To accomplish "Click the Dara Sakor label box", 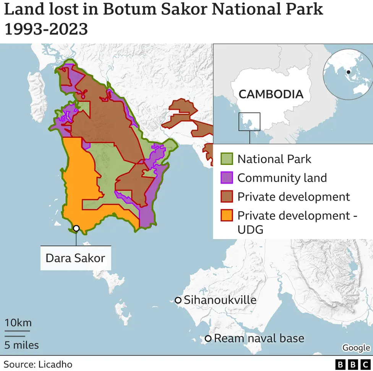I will [x=75, y=258].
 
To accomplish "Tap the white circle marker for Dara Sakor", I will [x=76, y=228].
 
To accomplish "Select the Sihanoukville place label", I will [x=220, y=300].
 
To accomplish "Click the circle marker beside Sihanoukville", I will [x=178, y=300].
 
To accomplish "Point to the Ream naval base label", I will [x=259, y=338].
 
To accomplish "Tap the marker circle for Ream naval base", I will [x=208, y=338].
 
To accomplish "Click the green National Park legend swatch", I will [x=227, y=159].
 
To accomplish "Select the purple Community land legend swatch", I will [x=227, y=178].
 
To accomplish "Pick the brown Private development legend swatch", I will [x=227, y=197].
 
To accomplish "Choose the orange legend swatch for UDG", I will [x=227, y=215].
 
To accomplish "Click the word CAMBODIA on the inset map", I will [x=271, y=94].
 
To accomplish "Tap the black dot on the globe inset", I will [x=349, y=72].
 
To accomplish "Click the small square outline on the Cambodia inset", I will [x=249, y=122].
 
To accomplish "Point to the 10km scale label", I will [x=18, y=322].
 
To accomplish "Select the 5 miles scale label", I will [x=21, y=345].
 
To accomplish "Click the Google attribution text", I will [x=356, y=348].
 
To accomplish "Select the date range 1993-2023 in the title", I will [x=46, y=29].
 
